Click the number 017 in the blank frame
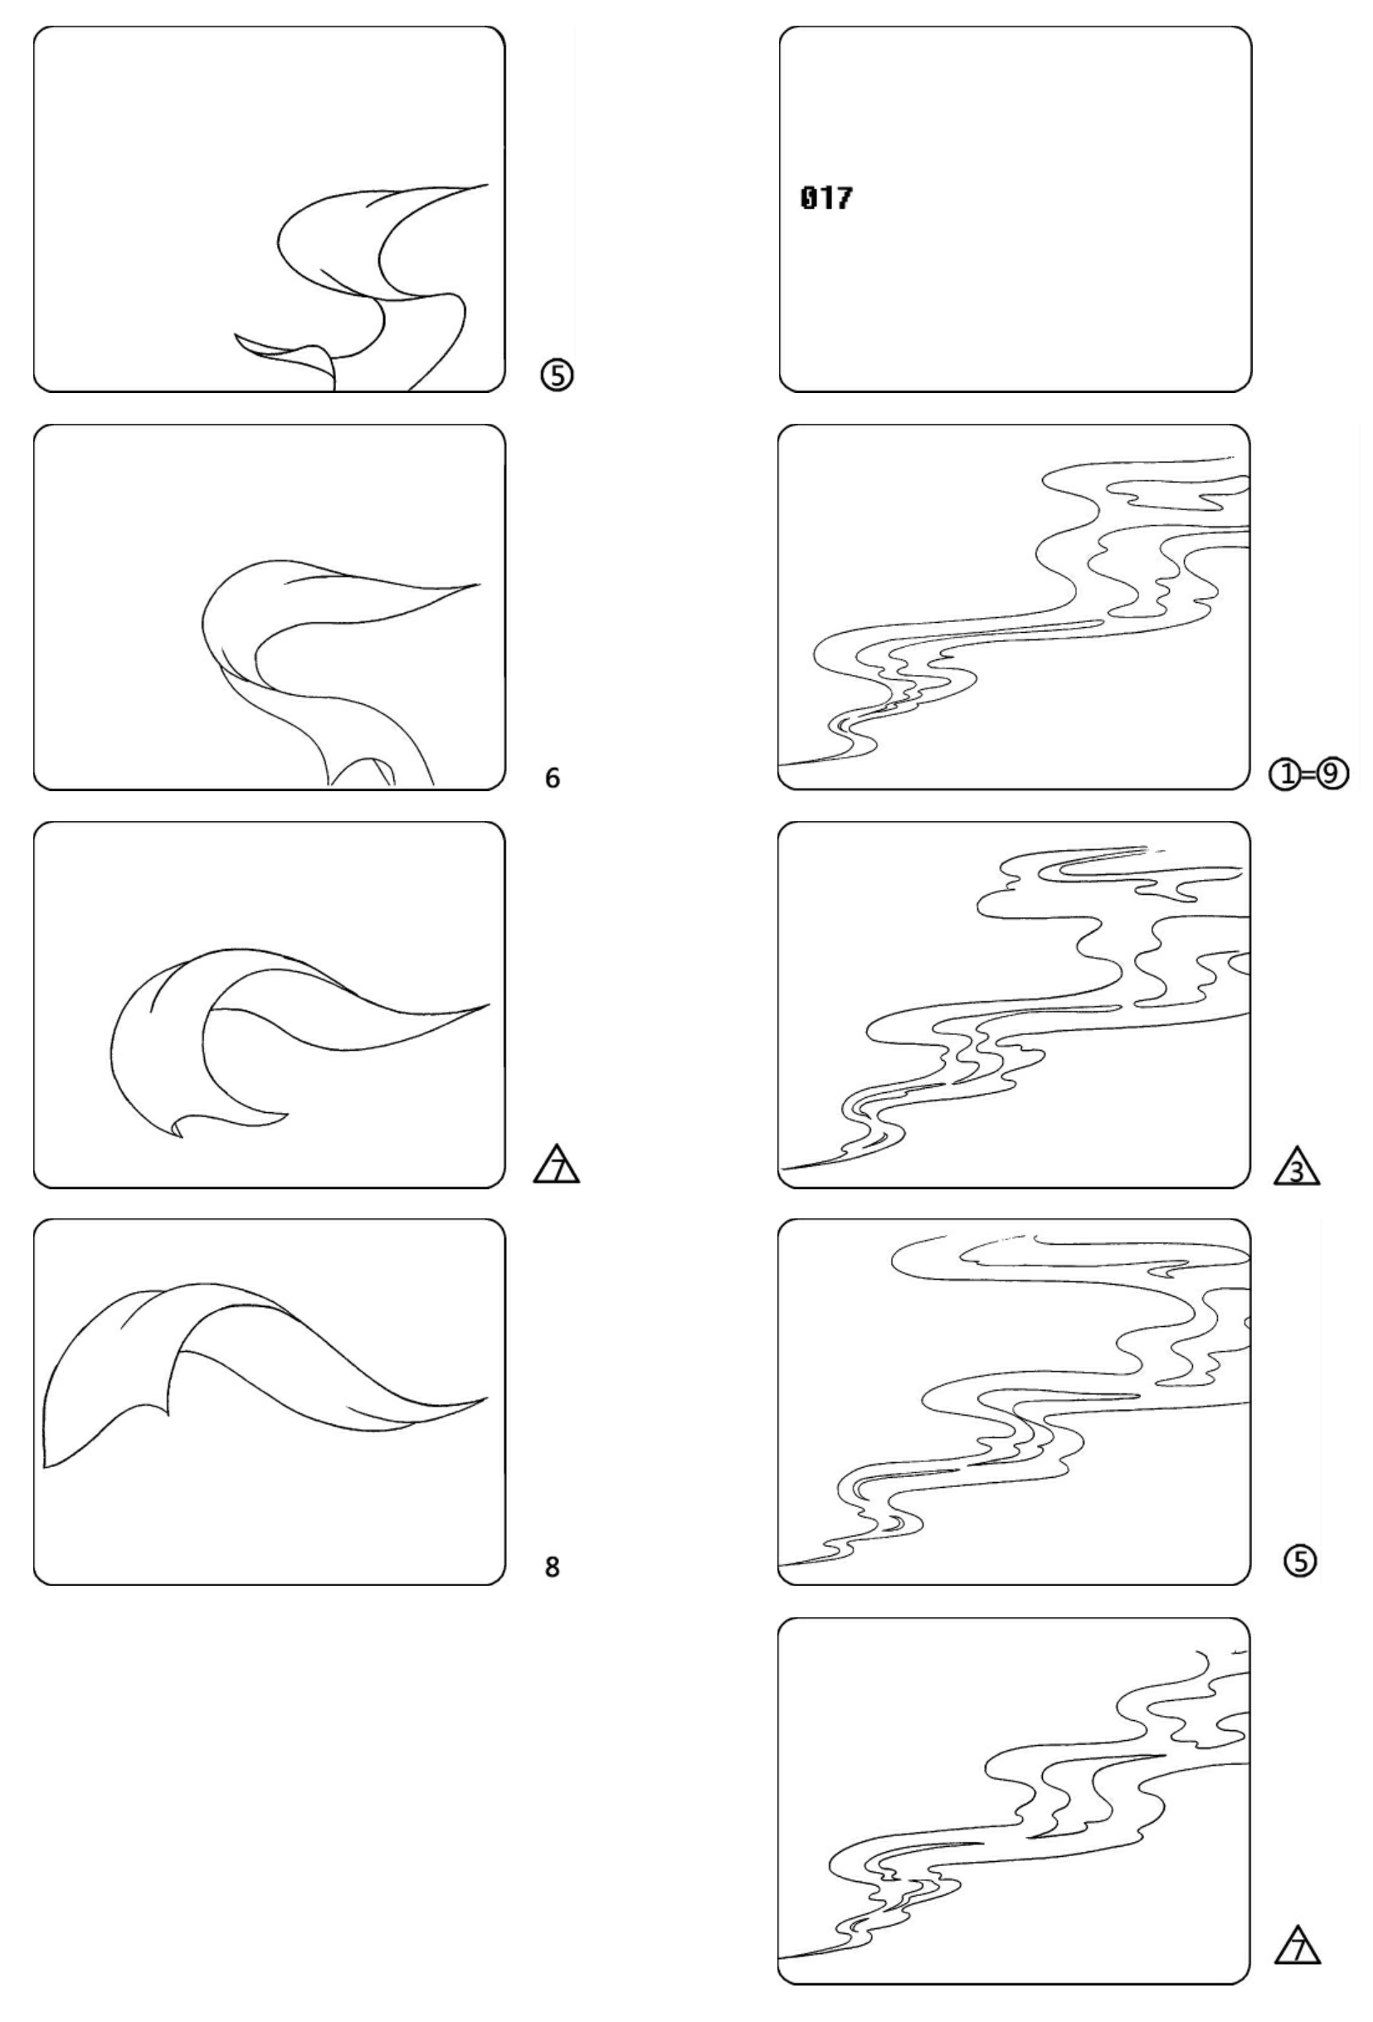coord(825,198)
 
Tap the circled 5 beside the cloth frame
coord(557,375)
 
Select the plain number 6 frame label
coord(553,778)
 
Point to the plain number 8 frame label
coord(553,1567)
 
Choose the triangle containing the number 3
coord(1297,1167)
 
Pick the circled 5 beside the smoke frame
coord(1301,1562)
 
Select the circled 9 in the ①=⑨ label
coord(1332,774)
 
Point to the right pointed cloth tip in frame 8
coord(485,1399)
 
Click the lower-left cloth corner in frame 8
coord(46,1467)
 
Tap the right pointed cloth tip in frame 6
coord(479,585)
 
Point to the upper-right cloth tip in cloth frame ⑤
coord(485,184)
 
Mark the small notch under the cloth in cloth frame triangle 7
coord(178,1130)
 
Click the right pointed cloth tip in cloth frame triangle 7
coord(488,1005)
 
